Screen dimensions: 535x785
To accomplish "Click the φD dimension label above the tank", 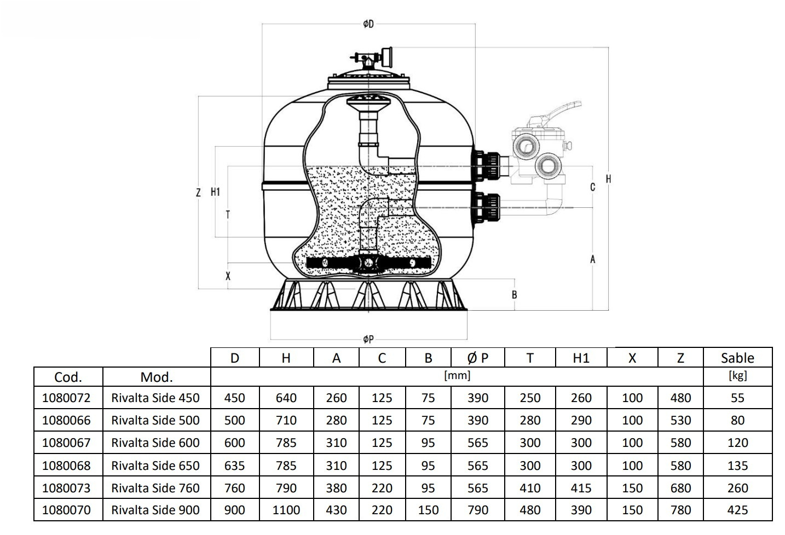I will click(368, 24).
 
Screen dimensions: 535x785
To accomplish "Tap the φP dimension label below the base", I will click(368, 339).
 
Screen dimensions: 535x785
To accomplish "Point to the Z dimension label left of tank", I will click(198, 192).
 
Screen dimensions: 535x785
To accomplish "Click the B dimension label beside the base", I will click(514, 294).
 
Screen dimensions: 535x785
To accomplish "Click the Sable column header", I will click(737, 358).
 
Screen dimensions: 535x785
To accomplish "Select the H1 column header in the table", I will click(581, 358).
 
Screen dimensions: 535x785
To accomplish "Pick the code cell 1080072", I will click(66, 398).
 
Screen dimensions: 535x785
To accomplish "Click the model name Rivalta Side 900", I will click(155, 510).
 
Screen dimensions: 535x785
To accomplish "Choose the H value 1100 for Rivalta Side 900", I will click(286, 510).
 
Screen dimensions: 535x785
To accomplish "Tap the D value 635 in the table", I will click(234, 466).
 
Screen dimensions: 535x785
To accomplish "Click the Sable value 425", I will click(737, 510).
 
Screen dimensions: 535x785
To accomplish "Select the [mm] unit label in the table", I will click(457, 375).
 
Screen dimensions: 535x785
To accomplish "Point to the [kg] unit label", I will click(737, 375).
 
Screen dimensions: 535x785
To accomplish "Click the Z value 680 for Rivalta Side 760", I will click(680, 488).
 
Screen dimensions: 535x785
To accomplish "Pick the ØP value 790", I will click(477, 510).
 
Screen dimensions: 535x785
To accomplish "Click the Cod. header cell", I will click(68, 377).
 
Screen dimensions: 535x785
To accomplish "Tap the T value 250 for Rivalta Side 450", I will click(530, 398).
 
